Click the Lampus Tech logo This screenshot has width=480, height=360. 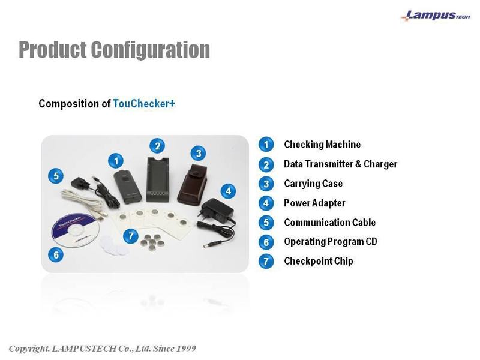[x=436, y=16]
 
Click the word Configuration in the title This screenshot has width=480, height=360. [x=151, y=50]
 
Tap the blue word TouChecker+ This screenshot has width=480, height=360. [x=144, y=103]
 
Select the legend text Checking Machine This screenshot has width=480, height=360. [x=322, y=145]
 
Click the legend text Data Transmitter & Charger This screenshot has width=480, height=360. [x=340, y=164]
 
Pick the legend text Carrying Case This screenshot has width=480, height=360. [x=313, y=184]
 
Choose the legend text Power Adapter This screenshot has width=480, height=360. [x=314, y=203]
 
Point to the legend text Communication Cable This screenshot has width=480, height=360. [x=329, y=223]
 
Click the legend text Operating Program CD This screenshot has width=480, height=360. [x=331, y=242]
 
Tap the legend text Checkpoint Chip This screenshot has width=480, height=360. [x=319, y=261]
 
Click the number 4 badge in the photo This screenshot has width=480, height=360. [x=229, y=191]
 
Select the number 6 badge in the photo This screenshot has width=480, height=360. [x=56, y=254]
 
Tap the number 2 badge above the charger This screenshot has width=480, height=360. [x=157, y=146]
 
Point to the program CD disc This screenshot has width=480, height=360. [x=76, y=230]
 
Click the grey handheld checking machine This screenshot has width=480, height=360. [x=128, y=187]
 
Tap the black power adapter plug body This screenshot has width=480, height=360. [x=218, y=210]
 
